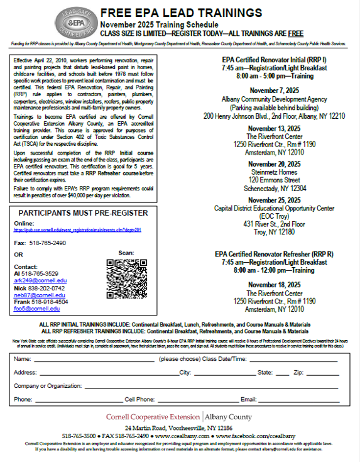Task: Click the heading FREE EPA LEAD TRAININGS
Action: pyautogui.click(x=182, y=12)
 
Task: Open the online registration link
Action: pyautogui.click(x=81, y=231)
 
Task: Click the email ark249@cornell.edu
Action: pyautogui.click(x=40, y=280)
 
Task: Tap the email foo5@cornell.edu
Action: pyautogui.click(x=37, y=309)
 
